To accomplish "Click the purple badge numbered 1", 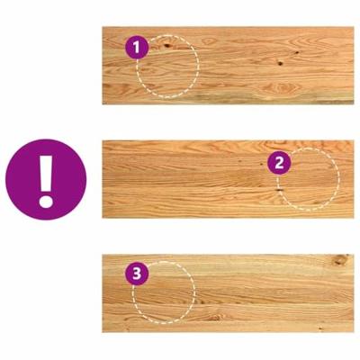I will pyautogui.click(x=136, y=46).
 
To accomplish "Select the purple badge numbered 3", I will pyautogui.click(x=136, y=272).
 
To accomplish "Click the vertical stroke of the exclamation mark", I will pyautogui.click(x=46, y=171).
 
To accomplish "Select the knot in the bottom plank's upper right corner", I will pyautogui.click(x=339, y=260).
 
